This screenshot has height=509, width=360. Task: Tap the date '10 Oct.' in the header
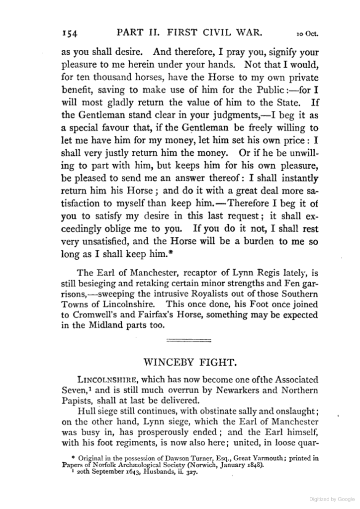307,34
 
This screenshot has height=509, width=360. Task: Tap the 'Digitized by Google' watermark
327,499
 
